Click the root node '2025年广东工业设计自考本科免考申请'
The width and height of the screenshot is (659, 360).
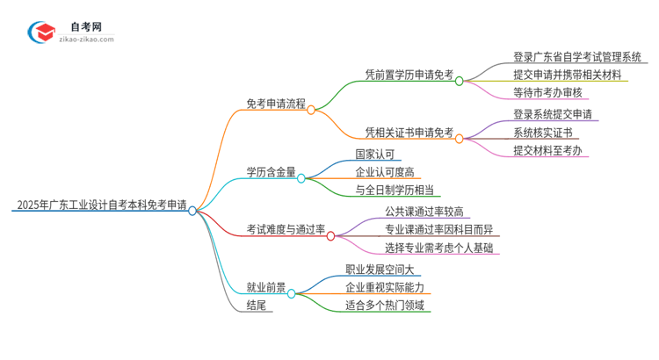click(101, 206)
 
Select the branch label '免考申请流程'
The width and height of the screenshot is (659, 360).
click(276, 103)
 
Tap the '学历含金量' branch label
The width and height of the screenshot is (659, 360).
click(271, 172)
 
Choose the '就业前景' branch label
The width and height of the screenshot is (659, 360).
click(265, 287)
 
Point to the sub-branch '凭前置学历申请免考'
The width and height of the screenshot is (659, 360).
click(409, 76)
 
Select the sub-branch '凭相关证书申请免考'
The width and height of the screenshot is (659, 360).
click(409, 133)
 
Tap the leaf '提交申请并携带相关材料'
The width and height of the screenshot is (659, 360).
click(571, 75)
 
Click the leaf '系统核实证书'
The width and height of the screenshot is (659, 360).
click(543, 133)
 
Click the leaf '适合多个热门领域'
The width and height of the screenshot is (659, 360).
click(385, 305)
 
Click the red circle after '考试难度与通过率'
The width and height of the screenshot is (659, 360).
click(330, 235)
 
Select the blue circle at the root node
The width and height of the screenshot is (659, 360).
click(192, 211)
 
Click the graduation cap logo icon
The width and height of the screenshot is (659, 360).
click(41, 33)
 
